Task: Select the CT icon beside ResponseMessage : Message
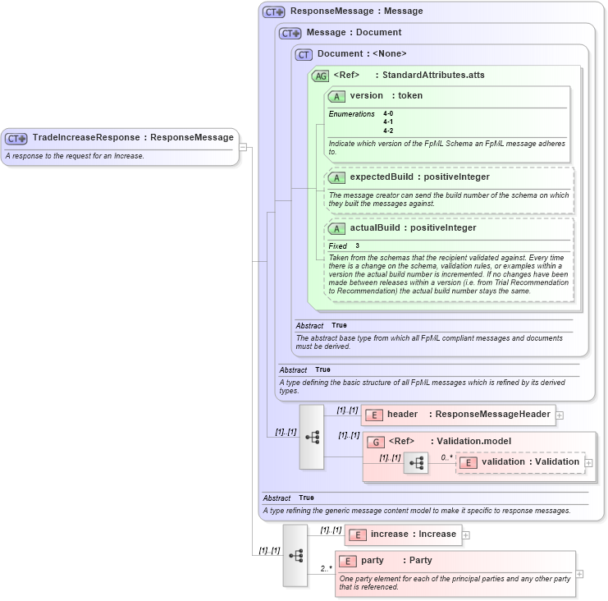click(x=273, y=12)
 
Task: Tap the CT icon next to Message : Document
click(x=290, y=34)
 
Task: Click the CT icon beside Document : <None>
click(x=304, y=54)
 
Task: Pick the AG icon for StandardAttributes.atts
click(x=320, y=76)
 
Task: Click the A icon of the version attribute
click(x=336, y=96)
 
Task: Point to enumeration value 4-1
click(x=388, y=122)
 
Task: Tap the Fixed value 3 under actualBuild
click(x=358, y=245)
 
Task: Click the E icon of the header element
click(x=374, y=415)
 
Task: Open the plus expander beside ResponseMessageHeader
click(x=560, y=415)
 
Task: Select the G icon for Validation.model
click(x=376, y=442)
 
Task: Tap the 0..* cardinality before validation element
click(x=446, y=457)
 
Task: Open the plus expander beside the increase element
click(x=466, y=535)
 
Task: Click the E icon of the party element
click(x=348, y=561)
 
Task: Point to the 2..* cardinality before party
click(x=326, y=567)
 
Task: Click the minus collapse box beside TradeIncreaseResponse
click(x=243, y=147)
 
